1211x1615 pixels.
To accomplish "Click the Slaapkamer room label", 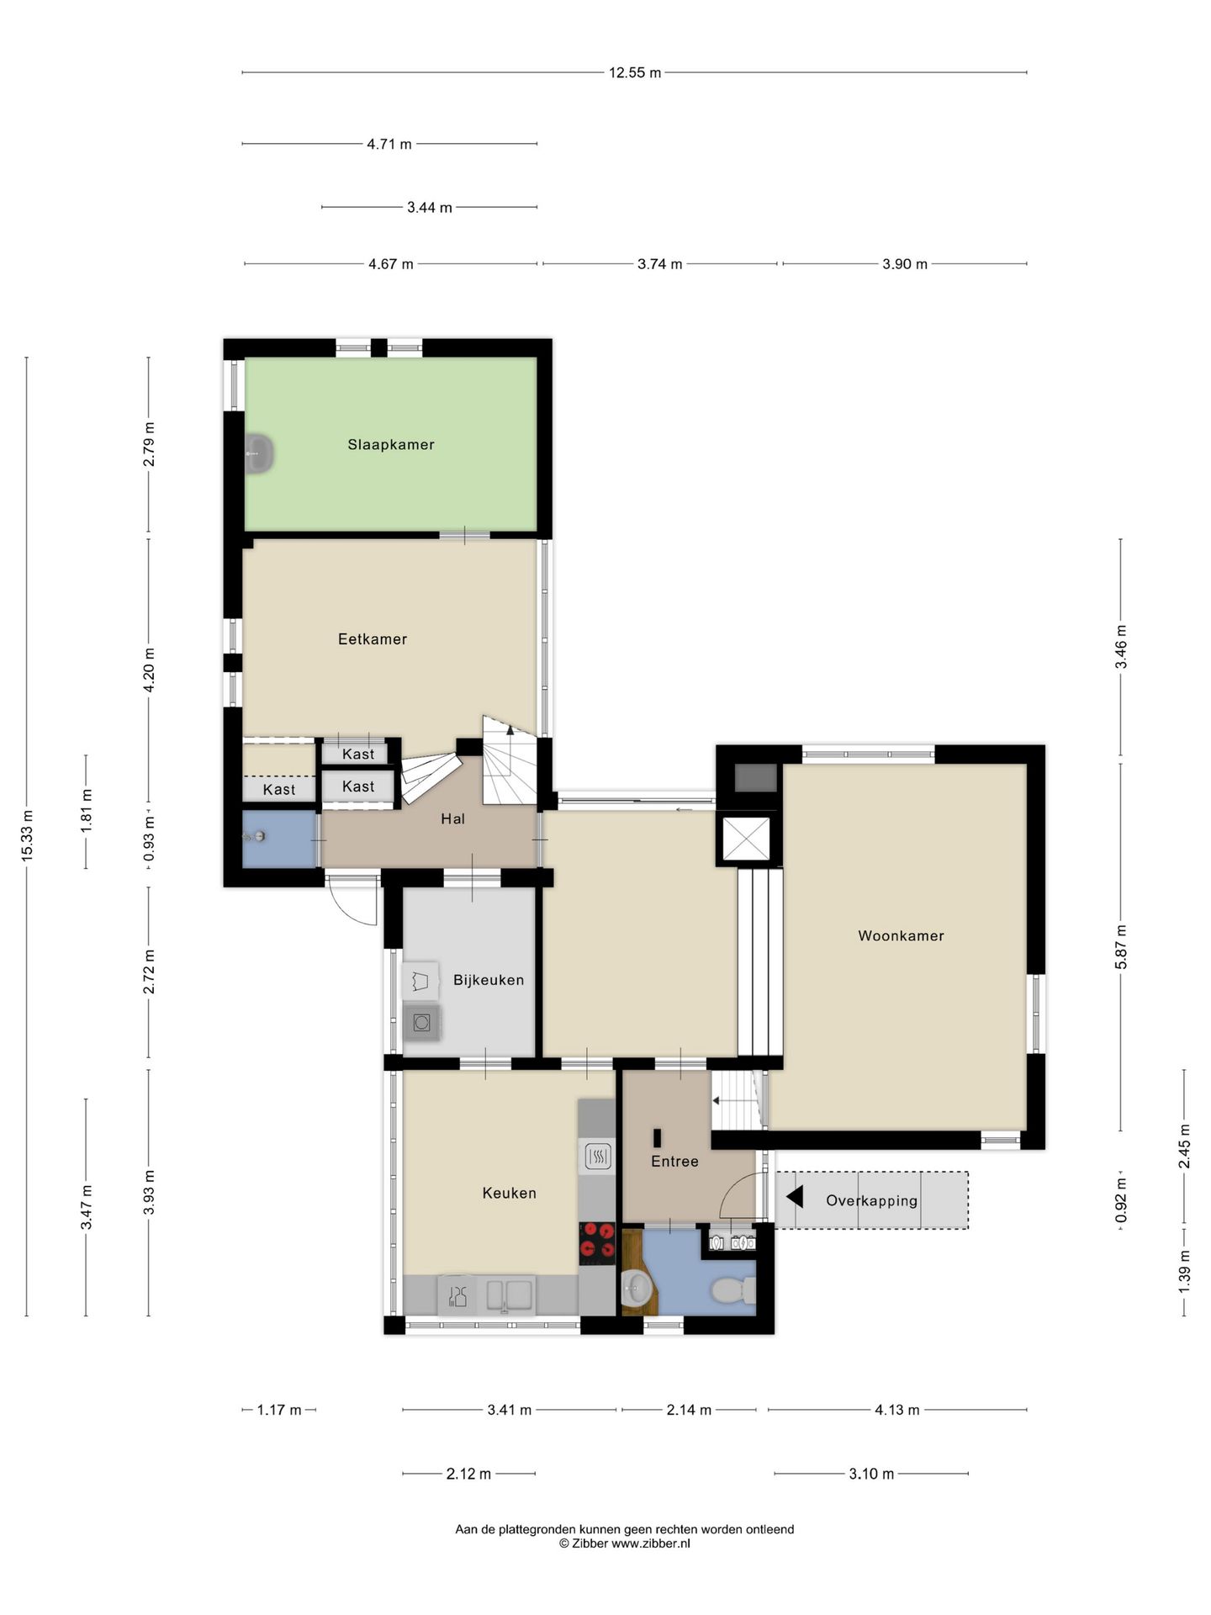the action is click(391, 444).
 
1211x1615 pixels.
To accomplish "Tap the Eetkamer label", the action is click(373, 639).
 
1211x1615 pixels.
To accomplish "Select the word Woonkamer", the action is click(901, 935).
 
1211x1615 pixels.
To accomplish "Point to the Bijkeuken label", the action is click(489, 980).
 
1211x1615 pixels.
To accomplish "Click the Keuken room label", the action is click(509, 1193).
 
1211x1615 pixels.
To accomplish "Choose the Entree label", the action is click(674, 1162).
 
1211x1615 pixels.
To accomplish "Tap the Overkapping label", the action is click(872, 1201).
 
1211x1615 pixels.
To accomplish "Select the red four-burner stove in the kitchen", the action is click(597, 1243).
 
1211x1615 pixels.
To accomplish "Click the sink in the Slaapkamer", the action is click(260, 454).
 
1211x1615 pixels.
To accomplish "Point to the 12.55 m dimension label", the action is click(635, 73).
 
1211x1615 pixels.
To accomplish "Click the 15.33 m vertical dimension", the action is click(27, 834).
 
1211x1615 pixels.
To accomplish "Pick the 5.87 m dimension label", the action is click(1121, 946).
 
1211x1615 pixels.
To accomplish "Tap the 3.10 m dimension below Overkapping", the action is click(871, 1474).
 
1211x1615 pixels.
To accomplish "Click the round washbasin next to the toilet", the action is click(637, 1286).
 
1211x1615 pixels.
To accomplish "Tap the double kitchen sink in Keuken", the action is click(510, 1295).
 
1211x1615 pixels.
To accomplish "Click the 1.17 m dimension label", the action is click(278, 1410).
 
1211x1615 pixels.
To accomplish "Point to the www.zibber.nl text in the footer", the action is click(651, 1544).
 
